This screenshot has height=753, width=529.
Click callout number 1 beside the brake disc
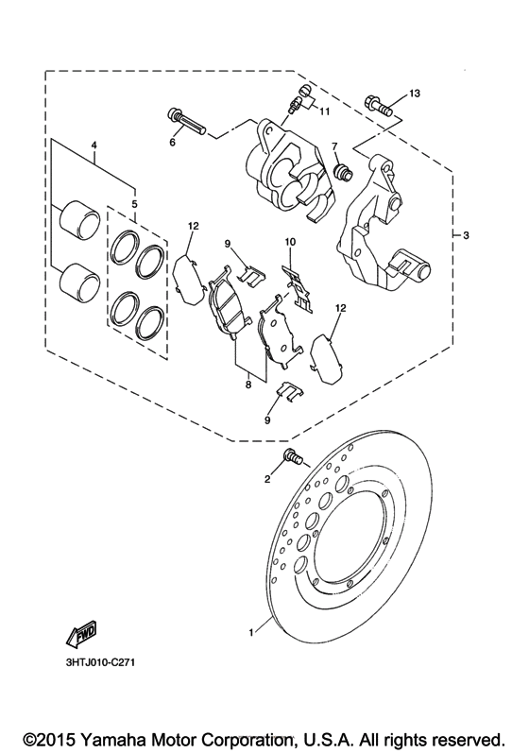coord(250,633)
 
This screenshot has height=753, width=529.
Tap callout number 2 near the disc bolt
coord(267,479)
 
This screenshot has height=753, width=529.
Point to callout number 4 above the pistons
coord(94,145)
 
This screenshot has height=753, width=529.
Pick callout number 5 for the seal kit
coord(134,203)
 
